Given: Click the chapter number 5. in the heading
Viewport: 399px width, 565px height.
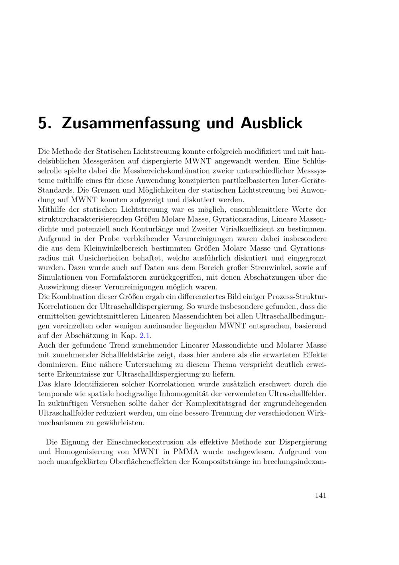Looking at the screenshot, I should coord(44,123).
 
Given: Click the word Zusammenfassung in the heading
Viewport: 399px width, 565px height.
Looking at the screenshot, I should coord(131,123).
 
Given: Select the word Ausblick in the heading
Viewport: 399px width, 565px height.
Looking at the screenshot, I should coord(271,123).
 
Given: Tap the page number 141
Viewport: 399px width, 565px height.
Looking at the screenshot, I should coord(320,495).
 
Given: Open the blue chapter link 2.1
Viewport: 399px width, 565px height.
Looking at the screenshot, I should coord(145,336).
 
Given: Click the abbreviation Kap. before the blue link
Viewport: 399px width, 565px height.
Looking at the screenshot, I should coord(128,336).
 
